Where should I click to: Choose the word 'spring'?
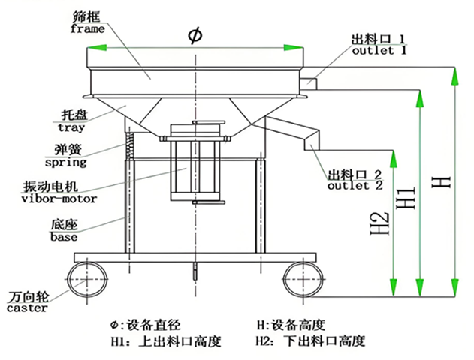[x=65, y=162]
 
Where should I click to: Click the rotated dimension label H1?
[x=406, y=197]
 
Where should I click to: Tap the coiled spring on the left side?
[x=129, y=142]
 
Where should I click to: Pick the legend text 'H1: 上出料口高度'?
[x=166, y=341]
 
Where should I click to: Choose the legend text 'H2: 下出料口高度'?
[x=311, y=341]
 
